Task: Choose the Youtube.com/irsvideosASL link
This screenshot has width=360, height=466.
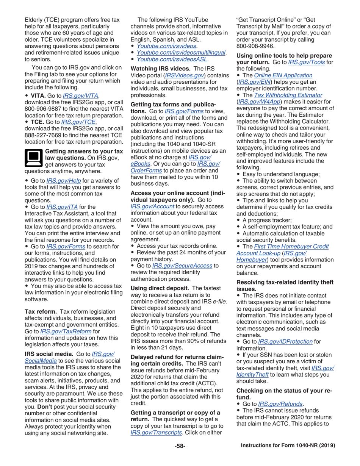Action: coord(172,59)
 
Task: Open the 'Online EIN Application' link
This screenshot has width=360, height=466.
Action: coord(282,75)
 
